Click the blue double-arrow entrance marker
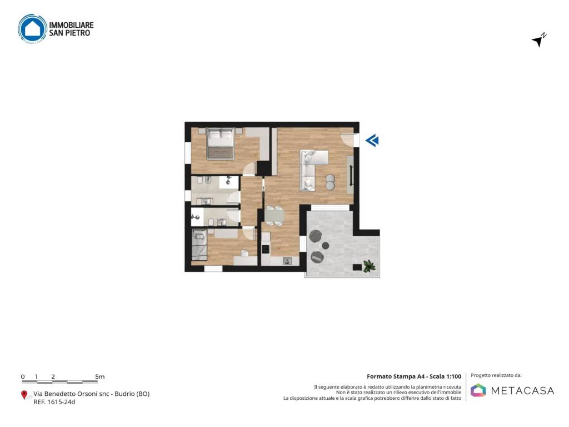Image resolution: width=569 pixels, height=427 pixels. tap(372, 141)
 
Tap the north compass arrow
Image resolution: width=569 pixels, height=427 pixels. tap(538, 40)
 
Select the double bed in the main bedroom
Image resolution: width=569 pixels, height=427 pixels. tap(219, 144)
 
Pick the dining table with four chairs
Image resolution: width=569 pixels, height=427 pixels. tap(273, 215)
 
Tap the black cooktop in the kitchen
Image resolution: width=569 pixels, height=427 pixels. tap(266, 249)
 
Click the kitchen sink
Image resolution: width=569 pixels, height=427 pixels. tap(287, 260)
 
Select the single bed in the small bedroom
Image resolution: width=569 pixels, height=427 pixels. tap(198, 245)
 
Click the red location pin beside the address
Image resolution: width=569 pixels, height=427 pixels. tap(24, 395)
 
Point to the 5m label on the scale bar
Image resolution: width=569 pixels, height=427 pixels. tap(100, 376)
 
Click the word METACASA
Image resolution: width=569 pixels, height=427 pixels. tap(522, 390)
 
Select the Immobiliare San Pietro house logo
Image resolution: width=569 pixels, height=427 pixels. tap(33, 28)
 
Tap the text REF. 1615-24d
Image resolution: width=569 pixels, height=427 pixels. tap(54, 402)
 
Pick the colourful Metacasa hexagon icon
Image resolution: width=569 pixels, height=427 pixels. tap(478, 390)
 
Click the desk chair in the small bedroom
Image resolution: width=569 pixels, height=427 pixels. tap(244, 253)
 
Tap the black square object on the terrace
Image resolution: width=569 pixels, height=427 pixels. tap(356, 267)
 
